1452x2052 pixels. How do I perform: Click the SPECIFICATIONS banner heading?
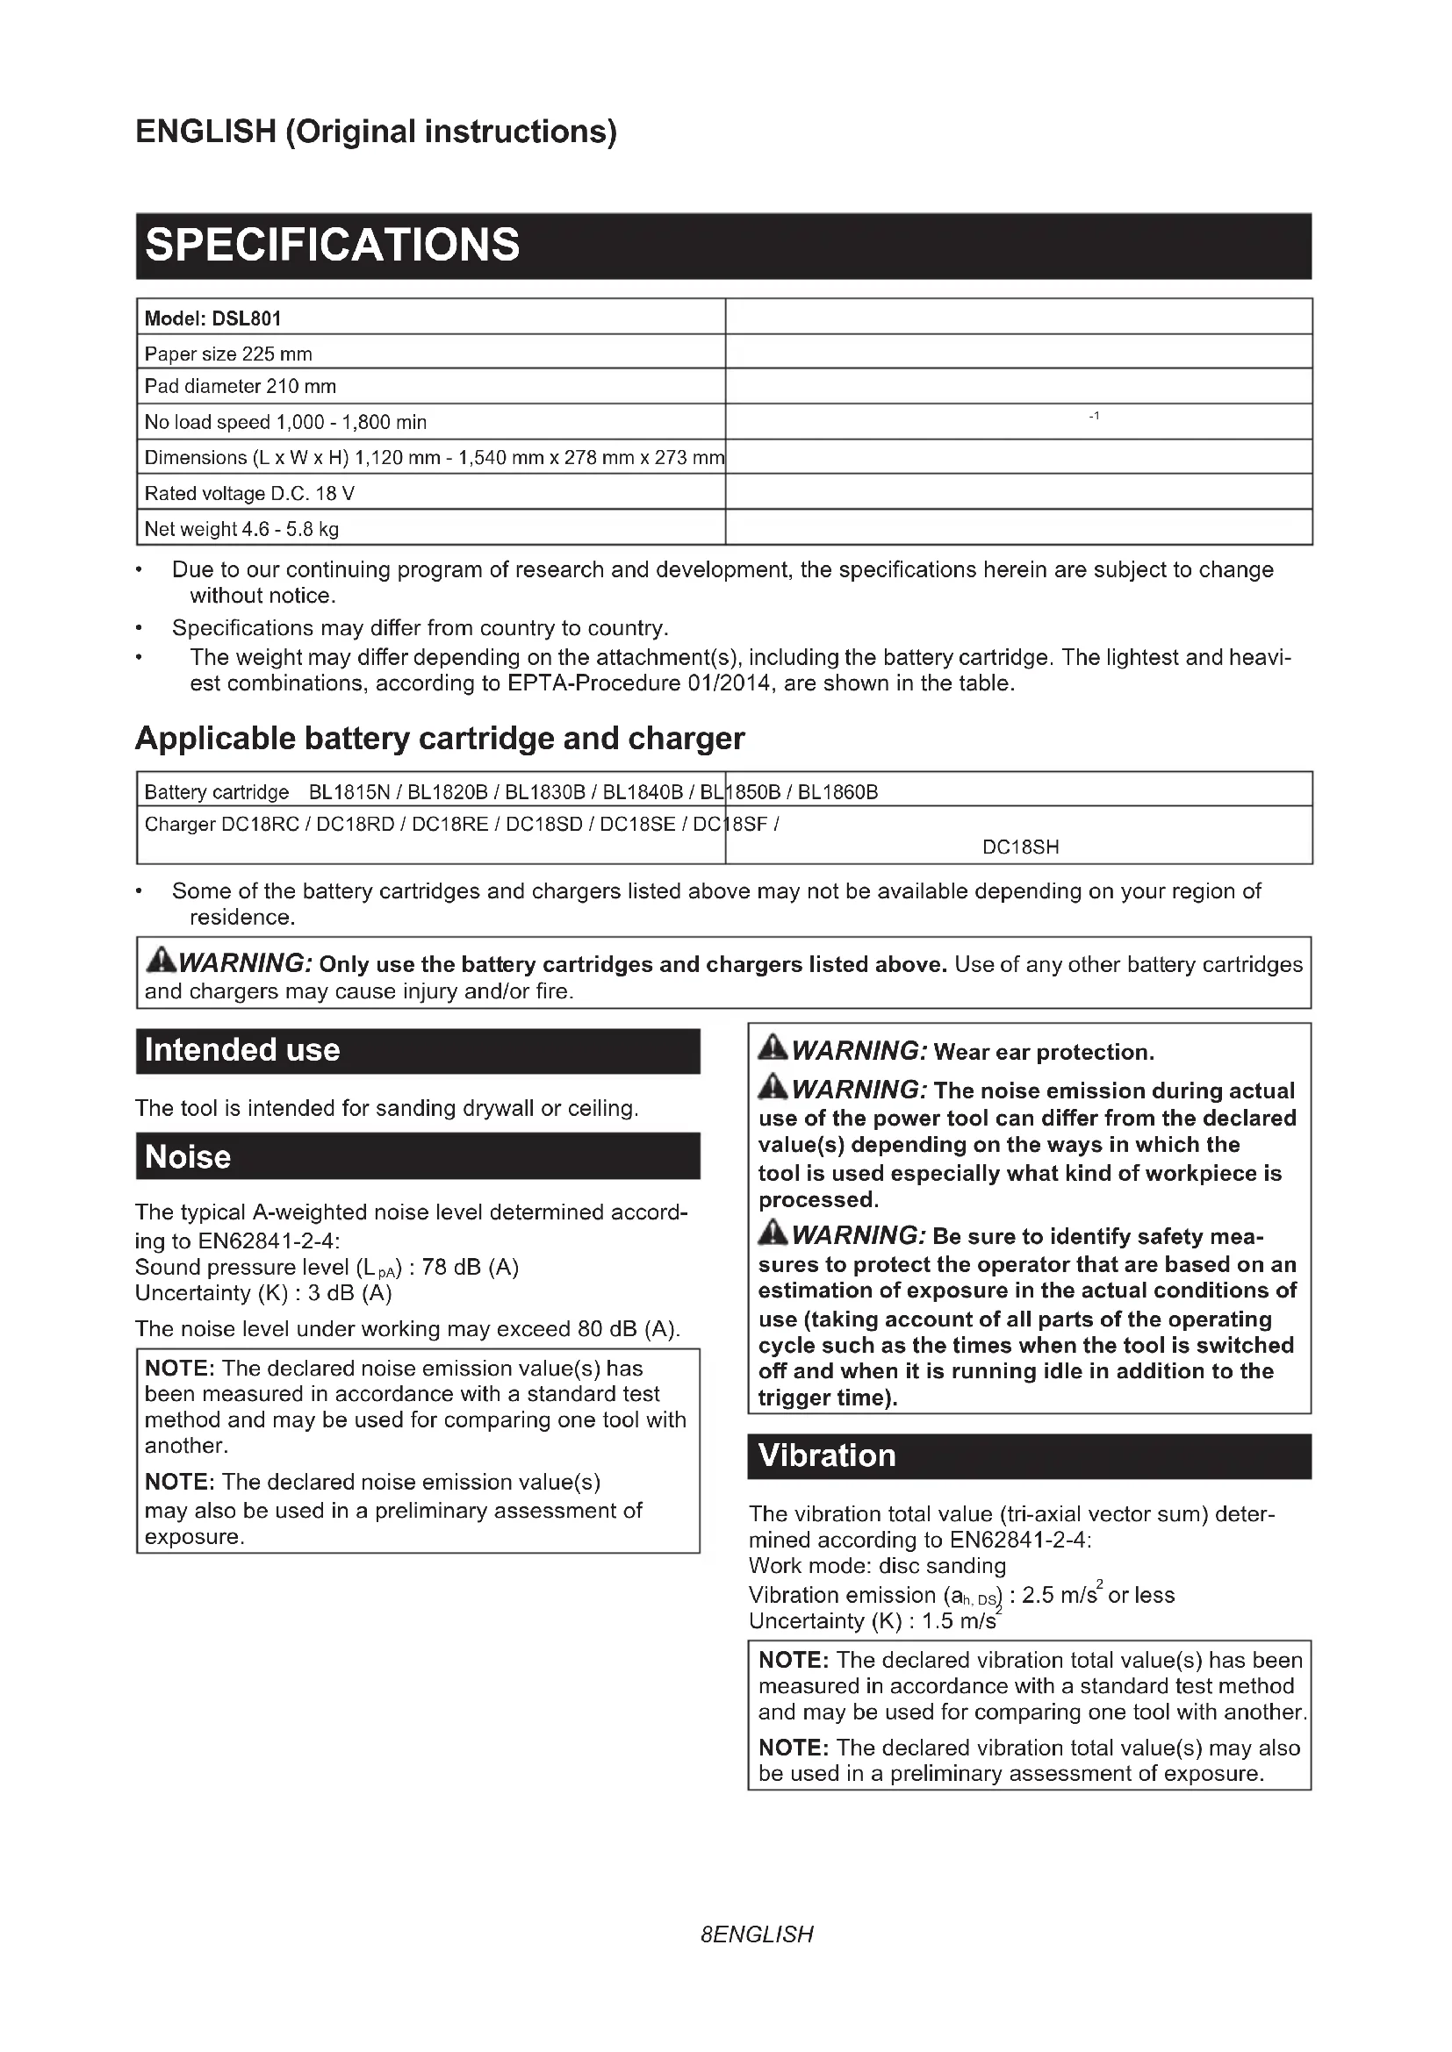[x=332, y=245]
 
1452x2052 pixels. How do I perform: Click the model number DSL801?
[x=247, y=318]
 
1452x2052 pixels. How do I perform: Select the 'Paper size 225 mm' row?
[x=228, y=354]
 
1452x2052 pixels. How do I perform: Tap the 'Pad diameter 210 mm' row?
[x=240, y=386]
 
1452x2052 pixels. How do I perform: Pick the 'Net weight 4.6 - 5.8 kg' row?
[x=241, y=529]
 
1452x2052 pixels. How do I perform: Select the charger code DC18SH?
[x=1020, y=847]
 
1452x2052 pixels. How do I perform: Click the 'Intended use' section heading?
[x=242, y=1049]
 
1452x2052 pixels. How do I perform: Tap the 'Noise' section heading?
[x=188, y=1156]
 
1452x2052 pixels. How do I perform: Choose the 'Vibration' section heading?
[x=826, y=1456]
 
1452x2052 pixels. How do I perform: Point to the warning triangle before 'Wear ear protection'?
[x=773, y=1048]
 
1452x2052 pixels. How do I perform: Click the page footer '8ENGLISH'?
[x=758, y=1934]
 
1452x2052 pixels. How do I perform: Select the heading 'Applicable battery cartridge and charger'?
[x=439, y=738]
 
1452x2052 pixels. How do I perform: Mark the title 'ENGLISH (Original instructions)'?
[x=376, y=132]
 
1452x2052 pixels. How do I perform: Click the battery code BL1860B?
[x=837, y=792]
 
